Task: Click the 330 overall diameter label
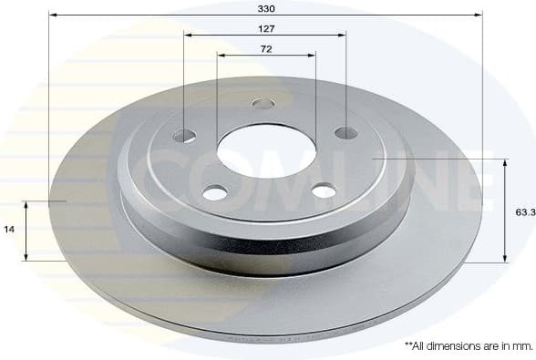click(x=265, y=8)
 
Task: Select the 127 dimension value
click(x=265, y=28)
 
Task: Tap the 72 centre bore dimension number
click(x=266, y=48)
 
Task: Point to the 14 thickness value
click(x=10, y=231)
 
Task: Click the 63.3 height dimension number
click(x=524, y=211)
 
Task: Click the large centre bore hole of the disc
click(x=264, y=149)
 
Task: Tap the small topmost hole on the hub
click(x=263, y=103)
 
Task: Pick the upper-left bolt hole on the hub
click(x=184, y=136)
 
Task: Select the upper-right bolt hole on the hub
click(x=345, y=133)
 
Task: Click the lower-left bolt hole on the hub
click(x=214, y=192)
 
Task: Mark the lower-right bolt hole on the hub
click(x=325, y=190)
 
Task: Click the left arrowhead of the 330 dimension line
click(x=52, y=15)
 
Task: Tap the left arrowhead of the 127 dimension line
click(x=188, y=36)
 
